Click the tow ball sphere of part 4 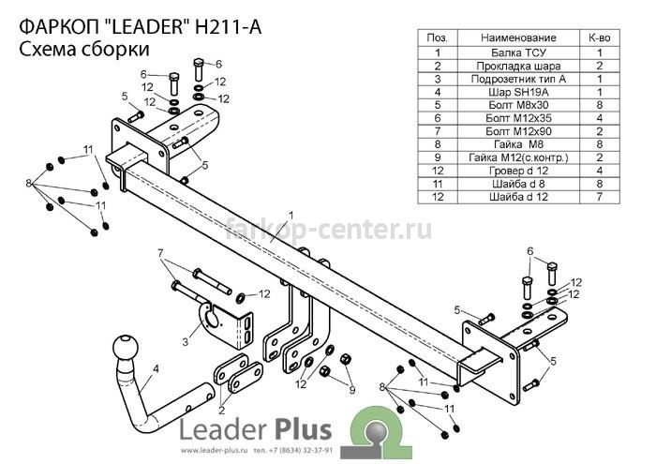[126, 347]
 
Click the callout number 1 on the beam [291, 216]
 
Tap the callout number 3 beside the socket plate [186, 342]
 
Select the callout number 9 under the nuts [352, 390]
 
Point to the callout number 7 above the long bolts [160, 253]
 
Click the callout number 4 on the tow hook [156, 369]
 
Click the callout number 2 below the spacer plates [222, 411]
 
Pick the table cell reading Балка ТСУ [518, 52]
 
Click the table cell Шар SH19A [518, 92]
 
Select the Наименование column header [518, 38]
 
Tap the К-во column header [600, 38]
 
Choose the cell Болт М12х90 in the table [518, 131]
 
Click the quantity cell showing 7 [600, 197]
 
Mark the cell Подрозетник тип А [518, 79]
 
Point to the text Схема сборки [84, 50]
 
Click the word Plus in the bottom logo [302, 431]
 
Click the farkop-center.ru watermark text [328, 230]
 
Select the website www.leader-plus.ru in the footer [215, 451]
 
